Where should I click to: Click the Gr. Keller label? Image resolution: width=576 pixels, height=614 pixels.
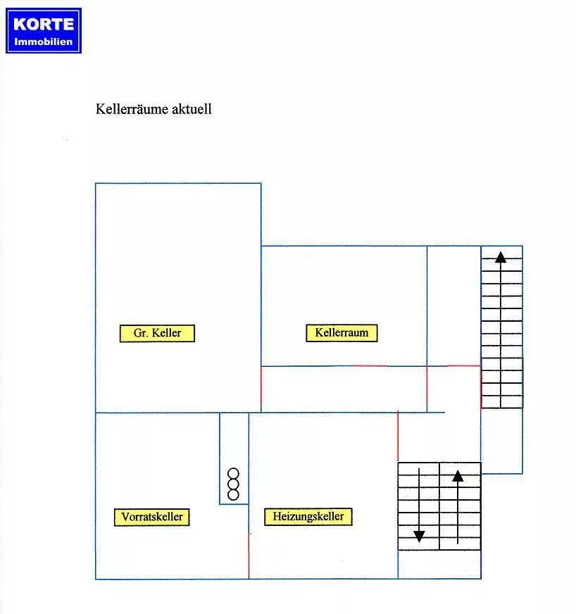pos(157,333)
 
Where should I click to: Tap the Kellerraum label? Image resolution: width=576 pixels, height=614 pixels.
pos(342,333)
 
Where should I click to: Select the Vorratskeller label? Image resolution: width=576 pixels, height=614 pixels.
pos(151,517)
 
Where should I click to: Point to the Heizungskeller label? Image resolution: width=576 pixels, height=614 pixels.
pos(308,517)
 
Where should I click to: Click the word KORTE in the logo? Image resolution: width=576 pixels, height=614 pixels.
pos(44,24)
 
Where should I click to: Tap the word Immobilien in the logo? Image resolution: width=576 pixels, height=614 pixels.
pos(44,42)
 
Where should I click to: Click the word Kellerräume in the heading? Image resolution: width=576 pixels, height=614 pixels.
pos(132,109)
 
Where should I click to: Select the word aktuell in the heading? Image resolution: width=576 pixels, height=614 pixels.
pos(192,109)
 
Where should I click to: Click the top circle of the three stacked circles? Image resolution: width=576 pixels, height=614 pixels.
pos(233,474)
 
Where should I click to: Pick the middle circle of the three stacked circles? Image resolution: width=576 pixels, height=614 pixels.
pos(233,484)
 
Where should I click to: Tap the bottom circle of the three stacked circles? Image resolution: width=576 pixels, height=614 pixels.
pos(233,495)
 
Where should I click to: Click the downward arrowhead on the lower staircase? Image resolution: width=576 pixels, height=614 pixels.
pos(419,537)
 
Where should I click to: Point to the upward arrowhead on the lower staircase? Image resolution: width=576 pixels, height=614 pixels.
pos(458,476)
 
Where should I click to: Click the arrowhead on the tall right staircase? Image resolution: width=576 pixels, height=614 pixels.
pos(501,257)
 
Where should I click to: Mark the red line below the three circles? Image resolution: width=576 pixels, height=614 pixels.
pos(249,556)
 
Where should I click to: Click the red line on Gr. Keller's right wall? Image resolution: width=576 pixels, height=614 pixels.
pos(261,389)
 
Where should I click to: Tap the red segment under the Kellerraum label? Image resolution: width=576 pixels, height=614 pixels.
pos(370,366)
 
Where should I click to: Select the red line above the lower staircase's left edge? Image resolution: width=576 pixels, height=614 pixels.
pos(398,436)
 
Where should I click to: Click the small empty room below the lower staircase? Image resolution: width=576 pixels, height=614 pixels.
pos(439,564)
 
